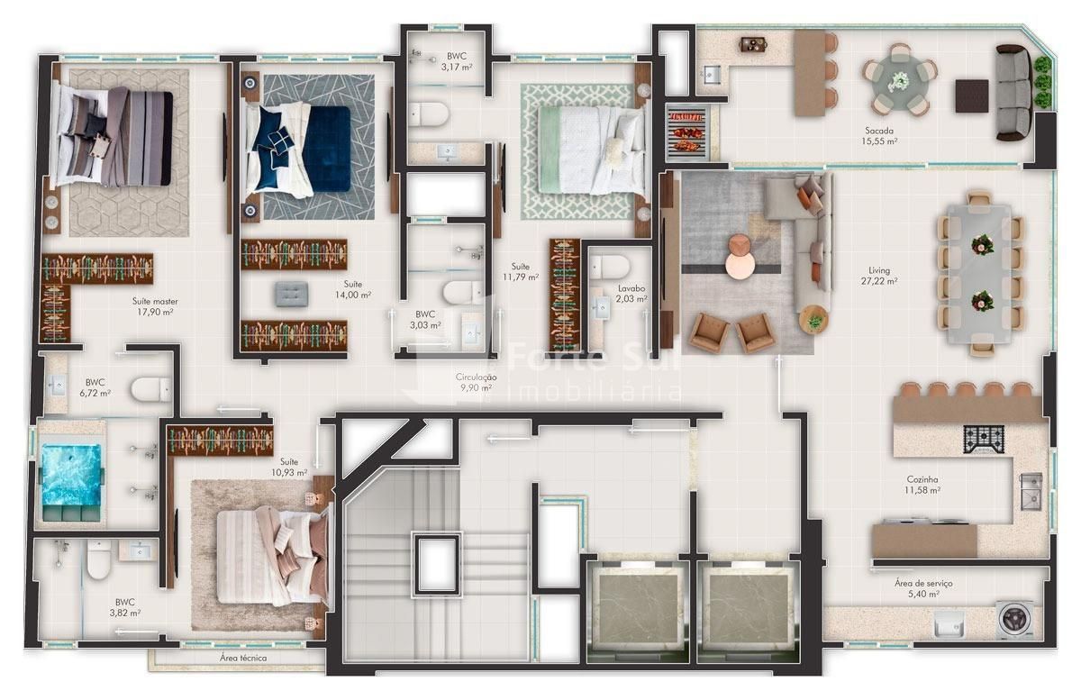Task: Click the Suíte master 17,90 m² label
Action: click(155, 306)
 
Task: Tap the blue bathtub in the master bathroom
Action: click(72, 483)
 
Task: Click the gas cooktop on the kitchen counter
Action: click(984, 440)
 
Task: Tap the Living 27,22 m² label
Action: click(879, 276)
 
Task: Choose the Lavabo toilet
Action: click(610, 267)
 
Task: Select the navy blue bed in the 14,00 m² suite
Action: click(299, 150)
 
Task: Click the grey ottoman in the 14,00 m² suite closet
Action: click(292, 294)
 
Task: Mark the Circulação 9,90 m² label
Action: click(476, 382)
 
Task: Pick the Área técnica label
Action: click(242, 658)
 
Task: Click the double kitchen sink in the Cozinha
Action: click(1031, 492)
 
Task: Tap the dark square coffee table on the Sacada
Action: click(972, 96)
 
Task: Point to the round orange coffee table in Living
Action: click(740, 257)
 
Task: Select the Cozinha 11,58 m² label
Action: click(922, 485)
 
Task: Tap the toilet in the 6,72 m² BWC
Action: click(151, 389)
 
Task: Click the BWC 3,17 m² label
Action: click(456, 61)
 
